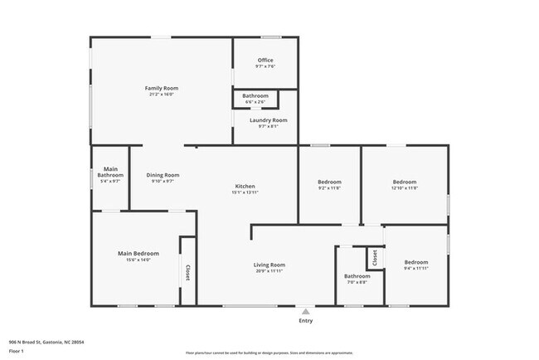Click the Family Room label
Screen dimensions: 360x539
162,88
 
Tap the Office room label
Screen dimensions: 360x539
265,61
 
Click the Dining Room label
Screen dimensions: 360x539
163,175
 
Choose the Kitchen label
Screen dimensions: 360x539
245,186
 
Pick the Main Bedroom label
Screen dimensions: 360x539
138,253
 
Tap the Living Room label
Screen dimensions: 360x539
269,265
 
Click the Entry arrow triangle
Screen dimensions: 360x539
306,311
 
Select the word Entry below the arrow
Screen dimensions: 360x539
306,320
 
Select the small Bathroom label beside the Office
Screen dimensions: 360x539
255,96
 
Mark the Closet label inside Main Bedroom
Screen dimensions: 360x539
187,272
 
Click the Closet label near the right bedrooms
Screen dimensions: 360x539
374,257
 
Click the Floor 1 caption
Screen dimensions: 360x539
17,351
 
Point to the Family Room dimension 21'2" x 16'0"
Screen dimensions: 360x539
162,94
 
